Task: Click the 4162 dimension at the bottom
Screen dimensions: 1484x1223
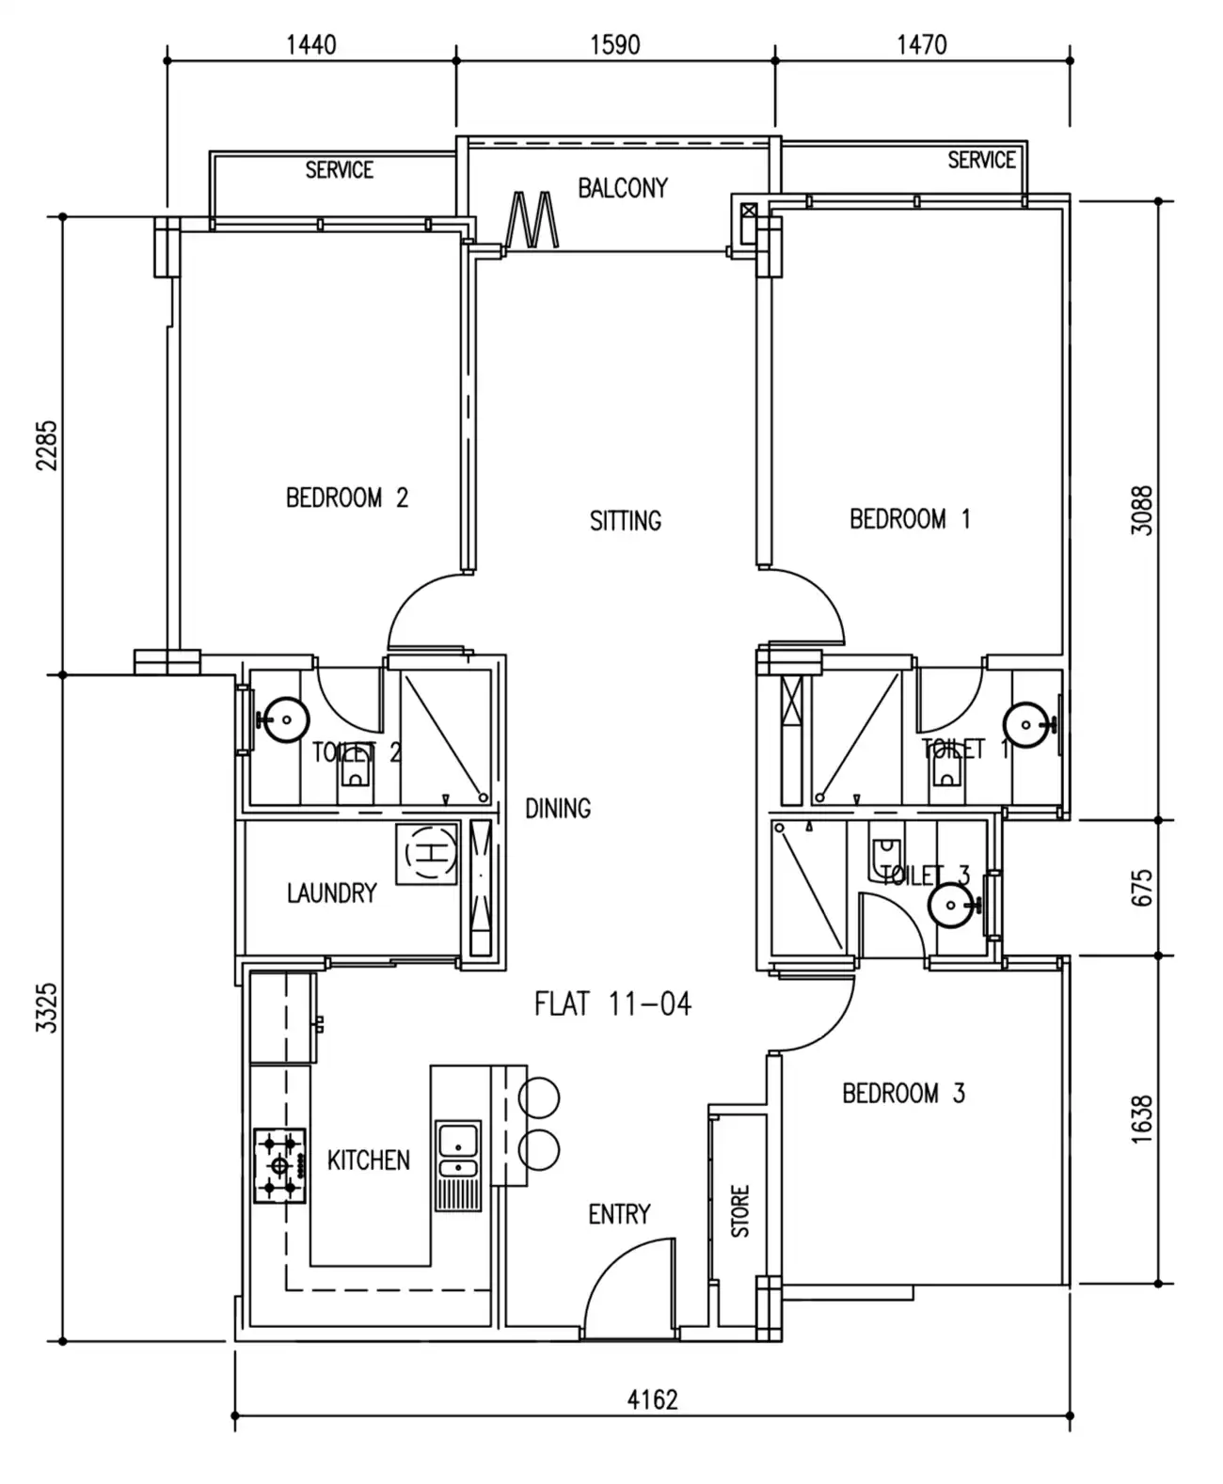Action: coord(652,1399)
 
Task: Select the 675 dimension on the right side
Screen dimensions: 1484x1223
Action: coord(1140,888)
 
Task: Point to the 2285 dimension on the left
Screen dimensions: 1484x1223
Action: coord(46,445)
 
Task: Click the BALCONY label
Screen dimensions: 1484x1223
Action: coord(622,188)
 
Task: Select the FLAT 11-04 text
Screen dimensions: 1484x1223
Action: coord(612,1004)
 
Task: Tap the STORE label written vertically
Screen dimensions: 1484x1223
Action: coord(740,1210)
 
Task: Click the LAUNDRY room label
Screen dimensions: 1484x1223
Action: coord(331,892)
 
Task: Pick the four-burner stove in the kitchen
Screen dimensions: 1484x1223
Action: coord(279,1166)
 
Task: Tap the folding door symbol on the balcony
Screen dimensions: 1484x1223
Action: coord(532,220)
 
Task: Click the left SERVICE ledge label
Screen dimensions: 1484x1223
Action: coord(339,170)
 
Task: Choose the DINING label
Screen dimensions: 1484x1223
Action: coord(557,808)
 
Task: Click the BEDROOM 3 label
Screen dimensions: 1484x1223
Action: coord(902,1093)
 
